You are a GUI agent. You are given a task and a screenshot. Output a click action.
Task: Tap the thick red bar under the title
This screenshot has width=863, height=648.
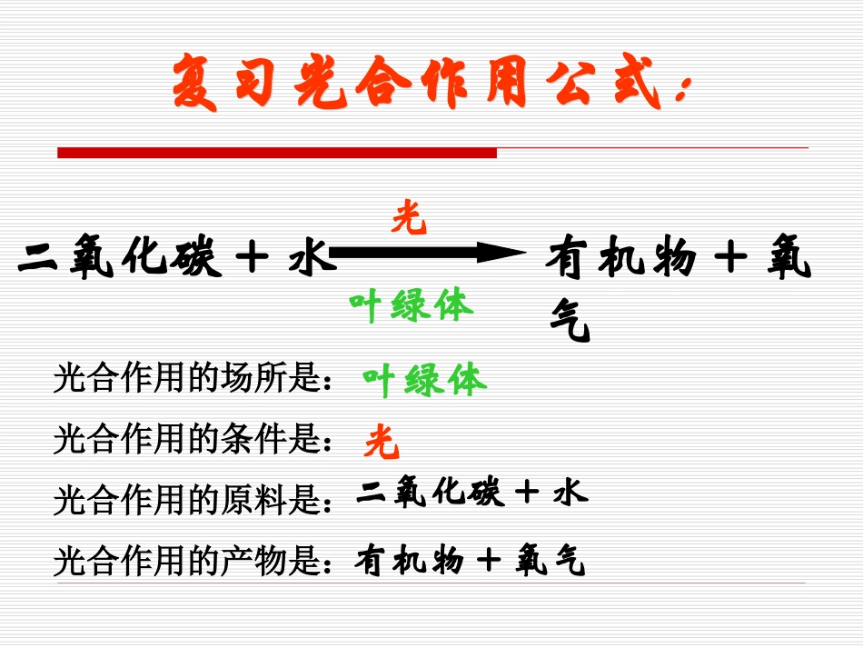pos(277,153)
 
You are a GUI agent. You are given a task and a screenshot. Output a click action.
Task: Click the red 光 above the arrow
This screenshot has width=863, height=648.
pos(410,219)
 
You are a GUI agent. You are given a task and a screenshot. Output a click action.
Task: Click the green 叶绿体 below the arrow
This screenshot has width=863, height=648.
pos(412,306)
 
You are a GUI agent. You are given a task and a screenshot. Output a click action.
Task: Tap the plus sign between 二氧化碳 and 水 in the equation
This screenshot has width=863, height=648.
pos(252,258)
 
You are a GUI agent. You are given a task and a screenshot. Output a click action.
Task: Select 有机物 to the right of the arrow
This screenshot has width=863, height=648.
pos(620,258)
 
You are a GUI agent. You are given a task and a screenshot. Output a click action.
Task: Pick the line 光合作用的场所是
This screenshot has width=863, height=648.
pos(191,379)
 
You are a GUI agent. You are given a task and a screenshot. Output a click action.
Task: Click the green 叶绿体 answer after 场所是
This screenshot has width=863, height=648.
pos(424,380)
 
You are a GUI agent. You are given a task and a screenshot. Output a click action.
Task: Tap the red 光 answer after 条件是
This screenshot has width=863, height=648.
pos(382,442)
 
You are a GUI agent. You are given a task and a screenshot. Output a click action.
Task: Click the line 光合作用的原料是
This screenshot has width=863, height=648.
pos(191,499)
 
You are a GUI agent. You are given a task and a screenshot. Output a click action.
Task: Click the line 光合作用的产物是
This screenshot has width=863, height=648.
pos(191,561)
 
